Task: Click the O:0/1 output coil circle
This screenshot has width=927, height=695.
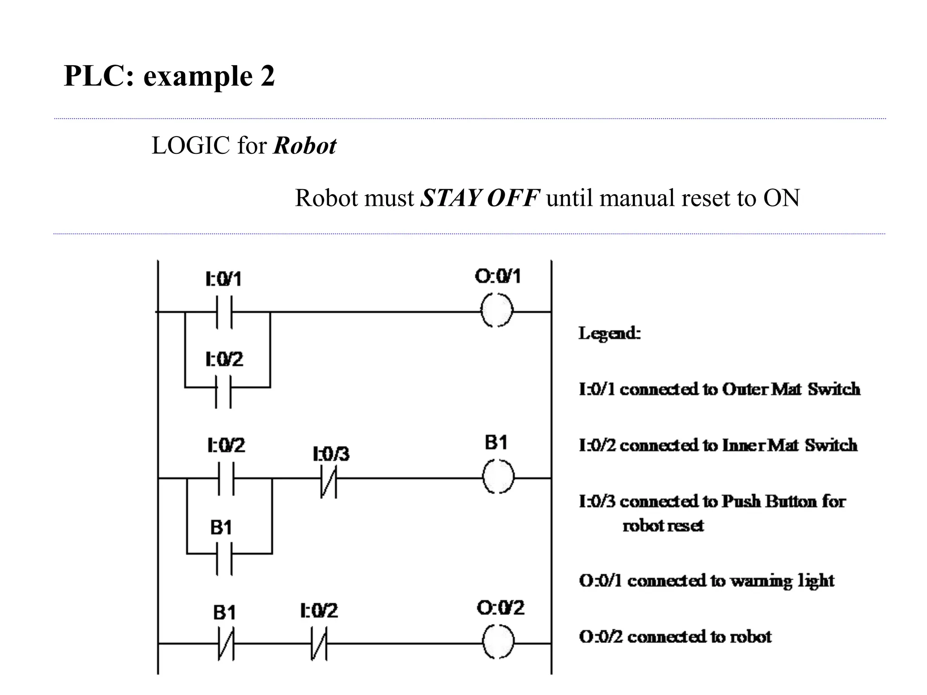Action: pyautogui.click(x=497, y=311)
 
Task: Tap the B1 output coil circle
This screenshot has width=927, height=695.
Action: pyautogui.click(x=498, y=477)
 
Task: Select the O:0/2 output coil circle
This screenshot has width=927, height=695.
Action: pyautogui.click(x=498, y=643)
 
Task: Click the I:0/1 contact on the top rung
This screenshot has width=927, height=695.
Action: pyautogui.click(x=224, y=312)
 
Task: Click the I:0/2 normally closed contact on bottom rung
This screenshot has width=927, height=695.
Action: pyautogui.click(x=319, y=643)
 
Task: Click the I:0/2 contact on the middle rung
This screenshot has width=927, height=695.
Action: pyautogui.click(x=226, y=478)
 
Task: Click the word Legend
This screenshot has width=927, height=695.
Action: pyautogui.click(x=609, y=333)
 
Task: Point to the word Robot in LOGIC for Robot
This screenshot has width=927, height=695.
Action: pyautogui.click(x=305, y=146)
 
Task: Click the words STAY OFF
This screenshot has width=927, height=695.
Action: pyautogui.click(x=480, y=198)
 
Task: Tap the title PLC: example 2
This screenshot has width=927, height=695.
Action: pyautogui.click(x=169, y=76)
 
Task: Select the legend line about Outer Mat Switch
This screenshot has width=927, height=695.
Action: pyautogui.click(x=719, y=389)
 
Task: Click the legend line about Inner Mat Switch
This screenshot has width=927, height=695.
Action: pyautogui.click(x=718, y=445)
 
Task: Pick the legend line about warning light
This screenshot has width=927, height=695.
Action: pyautogui.click(x=706, y=581)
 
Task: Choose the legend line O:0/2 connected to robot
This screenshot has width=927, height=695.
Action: pyautogui.click(x=675, y=637)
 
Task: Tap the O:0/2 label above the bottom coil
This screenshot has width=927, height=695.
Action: pyautogui.click(x=500, y=608)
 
